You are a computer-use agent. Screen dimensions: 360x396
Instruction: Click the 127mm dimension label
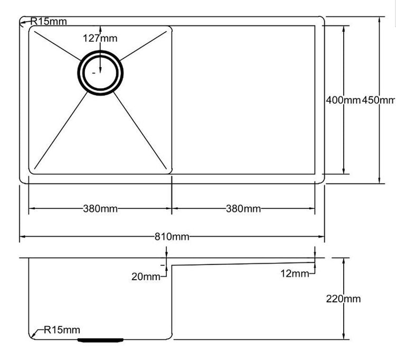[x=100, y=38]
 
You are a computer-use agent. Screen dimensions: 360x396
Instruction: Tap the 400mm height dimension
[x=343, y=100]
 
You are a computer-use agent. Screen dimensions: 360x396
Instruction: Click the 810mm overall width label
[x=171, y=236]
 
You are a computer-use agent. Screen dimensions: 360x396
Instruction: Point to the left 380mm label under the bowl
[x=100, y=208]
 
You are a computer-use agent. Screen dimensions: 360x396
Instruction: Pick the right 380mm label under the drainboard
[x=243, y=208]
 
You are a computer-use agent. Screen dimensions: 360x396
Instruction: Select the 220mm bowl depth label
[x=344, y=299]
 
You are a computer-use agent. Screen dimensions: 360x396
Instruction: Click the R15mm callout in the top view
[x=49, y=22]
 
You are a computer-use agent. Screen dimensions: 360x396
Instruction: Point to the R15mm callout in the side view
[x=62, y=330]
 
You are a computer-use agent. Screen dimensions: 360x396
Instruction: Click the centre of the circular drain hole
[x=101, y=73]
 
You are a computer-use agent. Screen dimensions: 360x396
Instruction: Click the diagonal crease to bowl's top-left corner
[x=55, y=44]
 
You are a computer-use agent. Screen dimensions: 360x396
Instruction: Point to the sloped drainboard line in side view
[x=243, y=263]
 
